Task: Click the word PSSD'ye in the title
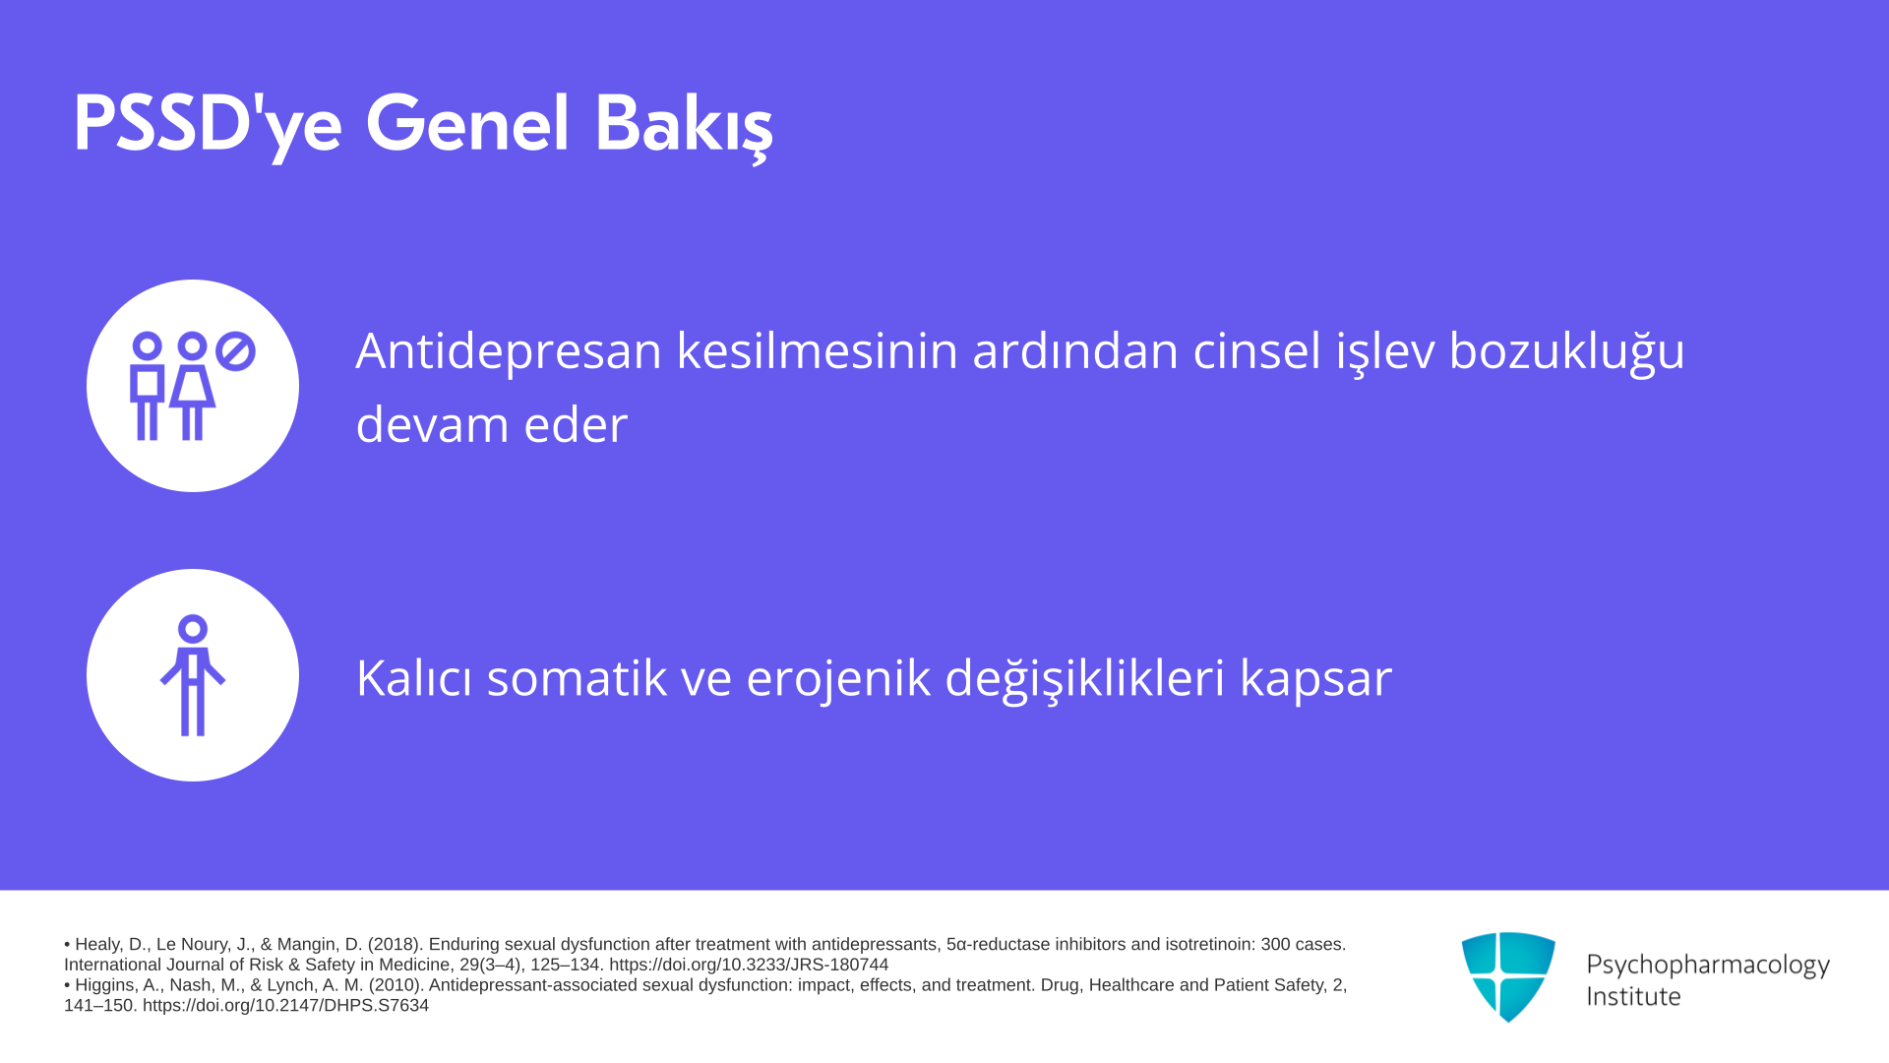(208, 126)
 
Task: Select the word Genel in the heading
(467, 125)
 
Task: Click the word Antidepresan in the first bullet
(509, 351)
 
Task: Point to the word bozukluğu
(1567, 351)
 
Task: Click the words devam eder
(492, 425)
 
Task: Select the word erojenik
(838, 678)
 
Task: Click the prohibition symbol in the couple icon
(235, 351)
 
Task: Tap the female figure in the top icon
(192, 386)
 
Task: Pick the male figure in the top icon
(148, 386)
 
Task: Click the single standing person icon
(193, 675)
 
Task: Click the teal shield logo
(1508, 976)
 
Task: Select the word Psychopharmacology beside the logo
(1708, 966)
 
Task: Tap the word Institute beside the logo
(1633, 997)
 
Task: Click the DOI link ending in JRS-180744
(749, 965)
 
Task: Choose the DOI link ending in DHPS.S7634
(285, 1006)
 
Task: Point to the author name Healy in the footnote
(97, 945)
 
